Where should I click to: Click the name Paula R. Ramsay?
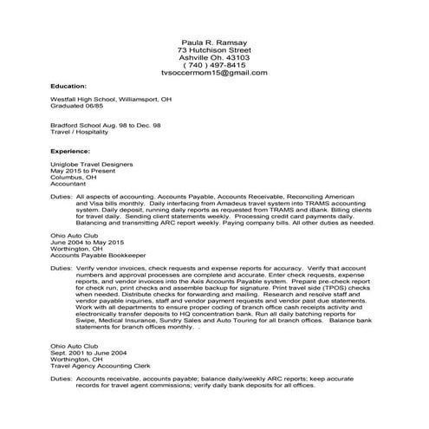pyautogui.click(x=214, y=42)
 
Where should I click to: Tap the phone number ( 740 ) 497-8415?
pyautogui.click(x=214, y=66)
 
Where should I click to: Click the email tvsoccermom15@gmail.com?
pyautogui.click(x=214, y=74)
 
